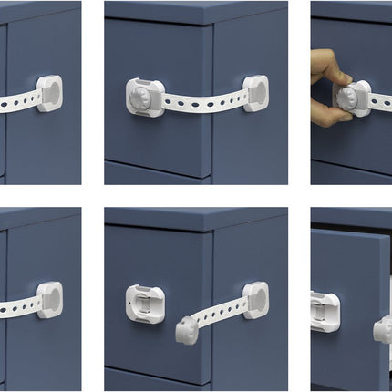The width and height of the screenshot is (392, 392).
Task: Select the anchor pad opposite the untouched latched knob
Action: (255, 92)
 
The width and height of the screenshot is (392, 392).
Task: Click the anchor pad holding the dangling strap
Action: (255, 299)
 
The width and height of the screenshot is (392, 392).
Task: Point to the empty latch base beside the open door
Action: (325, 309)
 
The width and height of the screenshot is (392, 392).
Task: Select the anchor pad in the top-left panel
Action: (49, 93)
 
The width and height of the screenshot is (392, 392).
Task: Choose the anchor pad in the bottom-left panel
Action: (49, 299)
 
